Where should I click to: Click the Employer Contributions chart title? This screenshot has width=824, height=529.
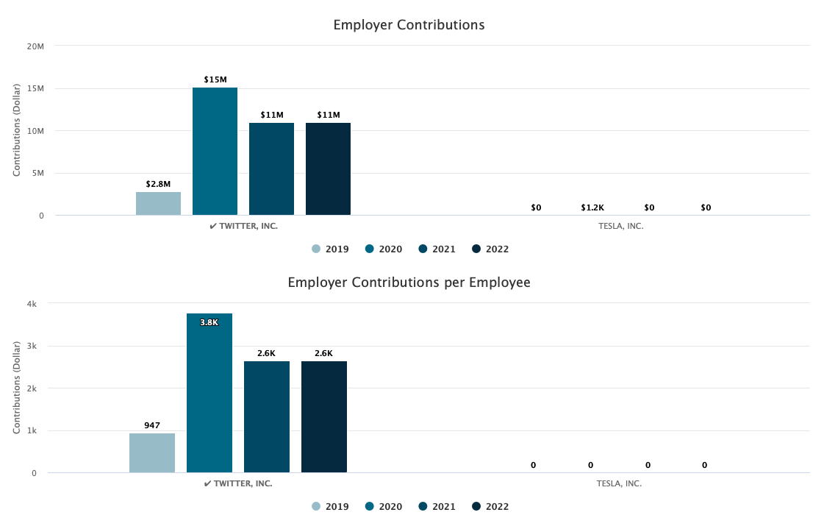(409, 25)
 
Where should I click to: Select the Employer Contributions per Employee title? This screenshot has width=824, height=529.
(409, 283)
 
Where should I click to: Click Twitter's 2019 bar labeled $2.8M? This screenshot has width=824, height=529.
(158, 204)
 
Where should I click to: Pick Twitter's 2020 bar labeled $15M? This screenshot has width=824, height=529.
(215, 152)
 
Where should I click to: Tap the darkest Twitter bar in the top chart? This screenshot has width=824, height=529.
(328, 169)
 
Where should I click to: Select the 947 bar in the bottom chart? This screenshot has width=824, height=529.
(152, 453)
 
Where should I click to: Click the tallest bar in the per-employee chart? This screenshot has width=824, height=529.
(209, 393)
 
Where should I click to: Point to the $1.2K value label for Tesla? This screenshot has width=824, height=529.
(592, 208)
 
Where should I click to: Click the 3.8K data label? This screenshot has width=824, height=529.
(209, 322)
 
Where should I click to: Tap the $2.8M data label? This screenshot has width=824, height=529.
(158, 184)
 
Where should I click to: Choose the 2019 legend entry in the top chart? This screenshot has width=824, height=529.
(330, 249)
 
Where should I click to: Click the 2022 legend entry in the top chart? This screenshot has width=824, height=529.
(490, 249)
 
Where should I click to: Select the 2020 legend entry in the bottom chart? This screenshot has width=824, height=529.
(384, 506)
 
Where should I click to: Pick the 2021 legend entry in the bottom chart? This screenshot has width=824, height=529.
(437, 506)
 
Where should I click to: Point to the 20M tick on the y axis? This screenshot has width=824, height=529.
(36, 46)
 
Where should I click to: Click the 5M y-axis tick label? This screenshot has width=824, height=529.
(37, 174)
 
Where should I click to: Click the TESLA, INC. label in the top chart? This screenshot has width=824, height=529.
(621, 226)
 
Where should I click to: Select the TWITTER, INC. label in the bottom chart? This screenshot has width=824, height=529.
(238, 483)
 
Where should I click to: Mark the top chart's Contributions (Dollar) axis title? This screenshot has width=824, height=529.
(17, 131)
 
